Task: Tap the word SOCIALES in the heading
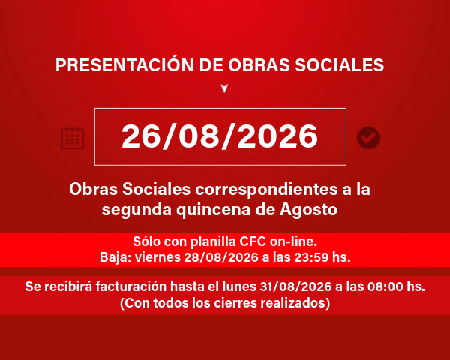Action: pyautogui.click(x=340, y=65)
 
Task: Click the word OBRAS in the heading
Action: pyautogui.click(x=259, y=65)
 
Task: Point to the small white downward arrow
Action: pyautogui.click(x=224, y=88)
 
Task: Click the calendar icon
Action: pyautogui.click(x=73, y=138)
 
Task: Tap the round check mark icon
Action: pyautogui.click(x=368, y=138)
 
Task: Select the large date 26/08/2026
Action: pyautogui.click(x=220, y=136)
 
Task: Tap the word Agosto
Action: pyautogui.click(x=308, y=211)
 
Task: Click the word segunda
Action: pyautogui.click(x=136, y=211)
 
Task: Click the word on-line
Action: pyautogui.click(x=293, y=241)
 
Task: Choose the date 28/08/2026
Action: pyautogui.click(x=221, y=257)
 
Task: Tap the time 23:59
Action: pyautogui.click(x=310, y=257)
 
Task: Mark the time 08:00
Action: pyautogui.click(x=385, y=286)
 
